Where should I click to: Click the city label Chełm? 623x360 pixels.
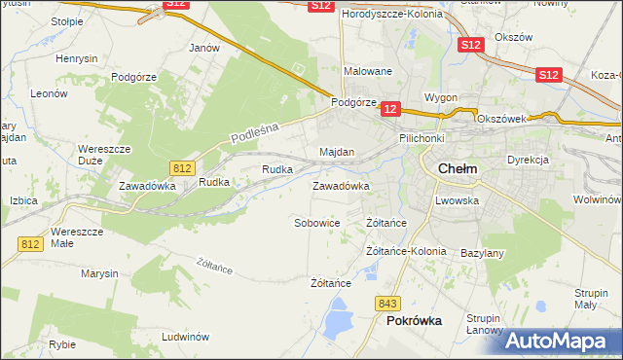pos(458,168)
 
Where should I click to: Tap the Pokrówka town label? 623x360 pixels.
pos(414,320)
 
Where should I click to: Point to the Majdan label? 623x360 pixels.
pos(337,153)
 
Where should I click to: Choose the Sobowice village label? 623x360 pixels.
pos(316,223)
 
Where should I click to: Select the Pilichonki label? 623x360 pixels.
pos(421,139)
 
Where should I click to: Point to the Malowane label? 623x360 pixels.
pos(368,71)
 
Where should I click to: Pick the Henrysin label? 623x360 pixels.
pos(77,58)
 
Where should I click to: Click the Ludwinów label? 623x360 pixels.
pos(186,337)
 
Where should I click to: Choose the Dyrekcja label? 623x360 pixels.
pos(529,160)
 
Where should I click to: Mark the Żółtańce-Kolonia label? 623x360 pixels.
pos(406,251)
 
